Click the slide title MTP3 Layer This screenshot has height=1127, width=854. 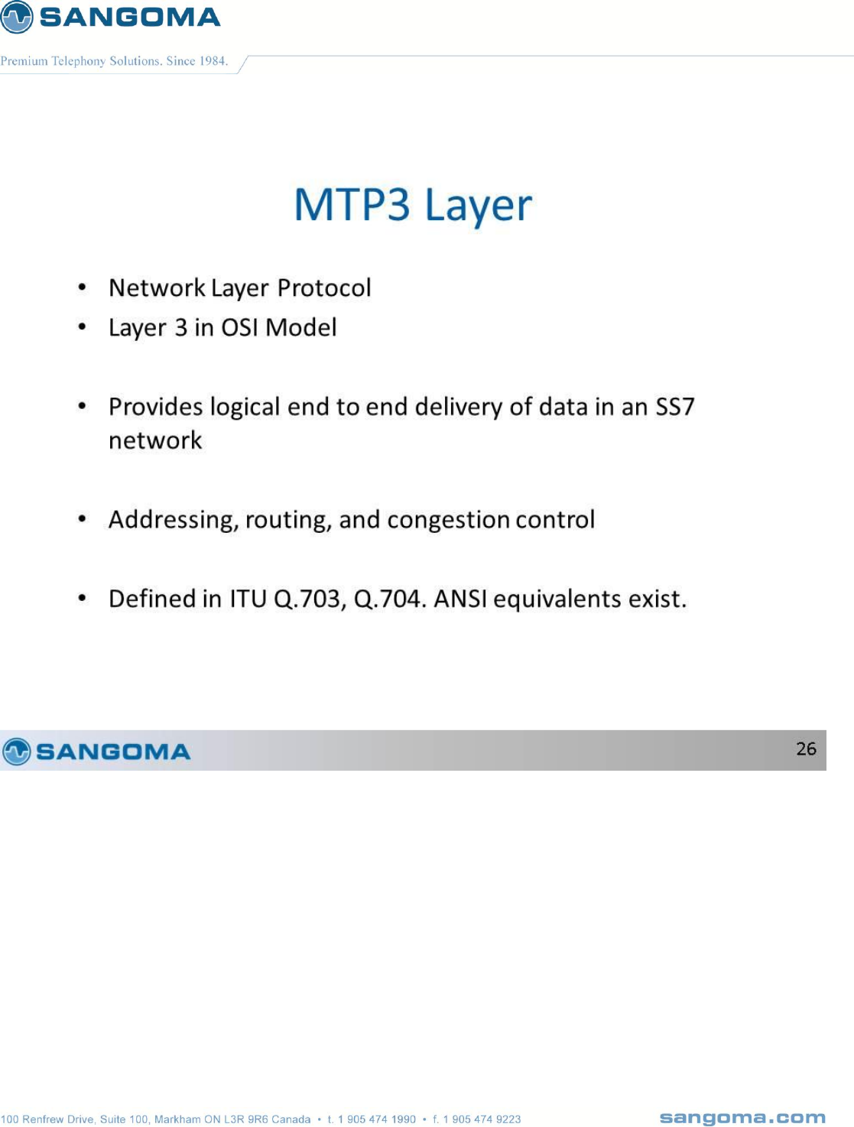(x=413, y=206)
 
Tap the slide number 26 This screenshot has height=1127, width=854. (x=806, y=749)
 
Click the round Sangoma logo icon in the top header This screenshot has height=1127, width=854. (x=16, y=17)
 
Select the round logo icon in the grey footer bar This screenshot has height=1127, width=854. (x=16, y=752)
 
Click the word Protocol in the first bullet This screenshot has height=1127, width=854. (x=324, y=287)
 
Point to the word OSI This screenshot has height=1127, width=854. (x=239, y=327)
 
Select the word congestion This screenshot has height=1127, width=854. (x=448, y=520)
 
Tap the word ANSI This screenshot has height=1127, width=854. (x=460, y=599)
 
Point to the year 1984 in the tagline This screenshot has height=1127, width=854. (x=213, y=61)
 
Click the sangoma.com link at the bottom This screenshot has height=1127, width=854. (x=742, y=1118)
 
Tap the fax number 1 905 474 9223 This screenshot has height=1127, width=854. (x=482, y=1119)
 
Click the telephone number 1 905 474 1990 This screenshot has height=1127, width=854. (x=377, y=1119)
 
